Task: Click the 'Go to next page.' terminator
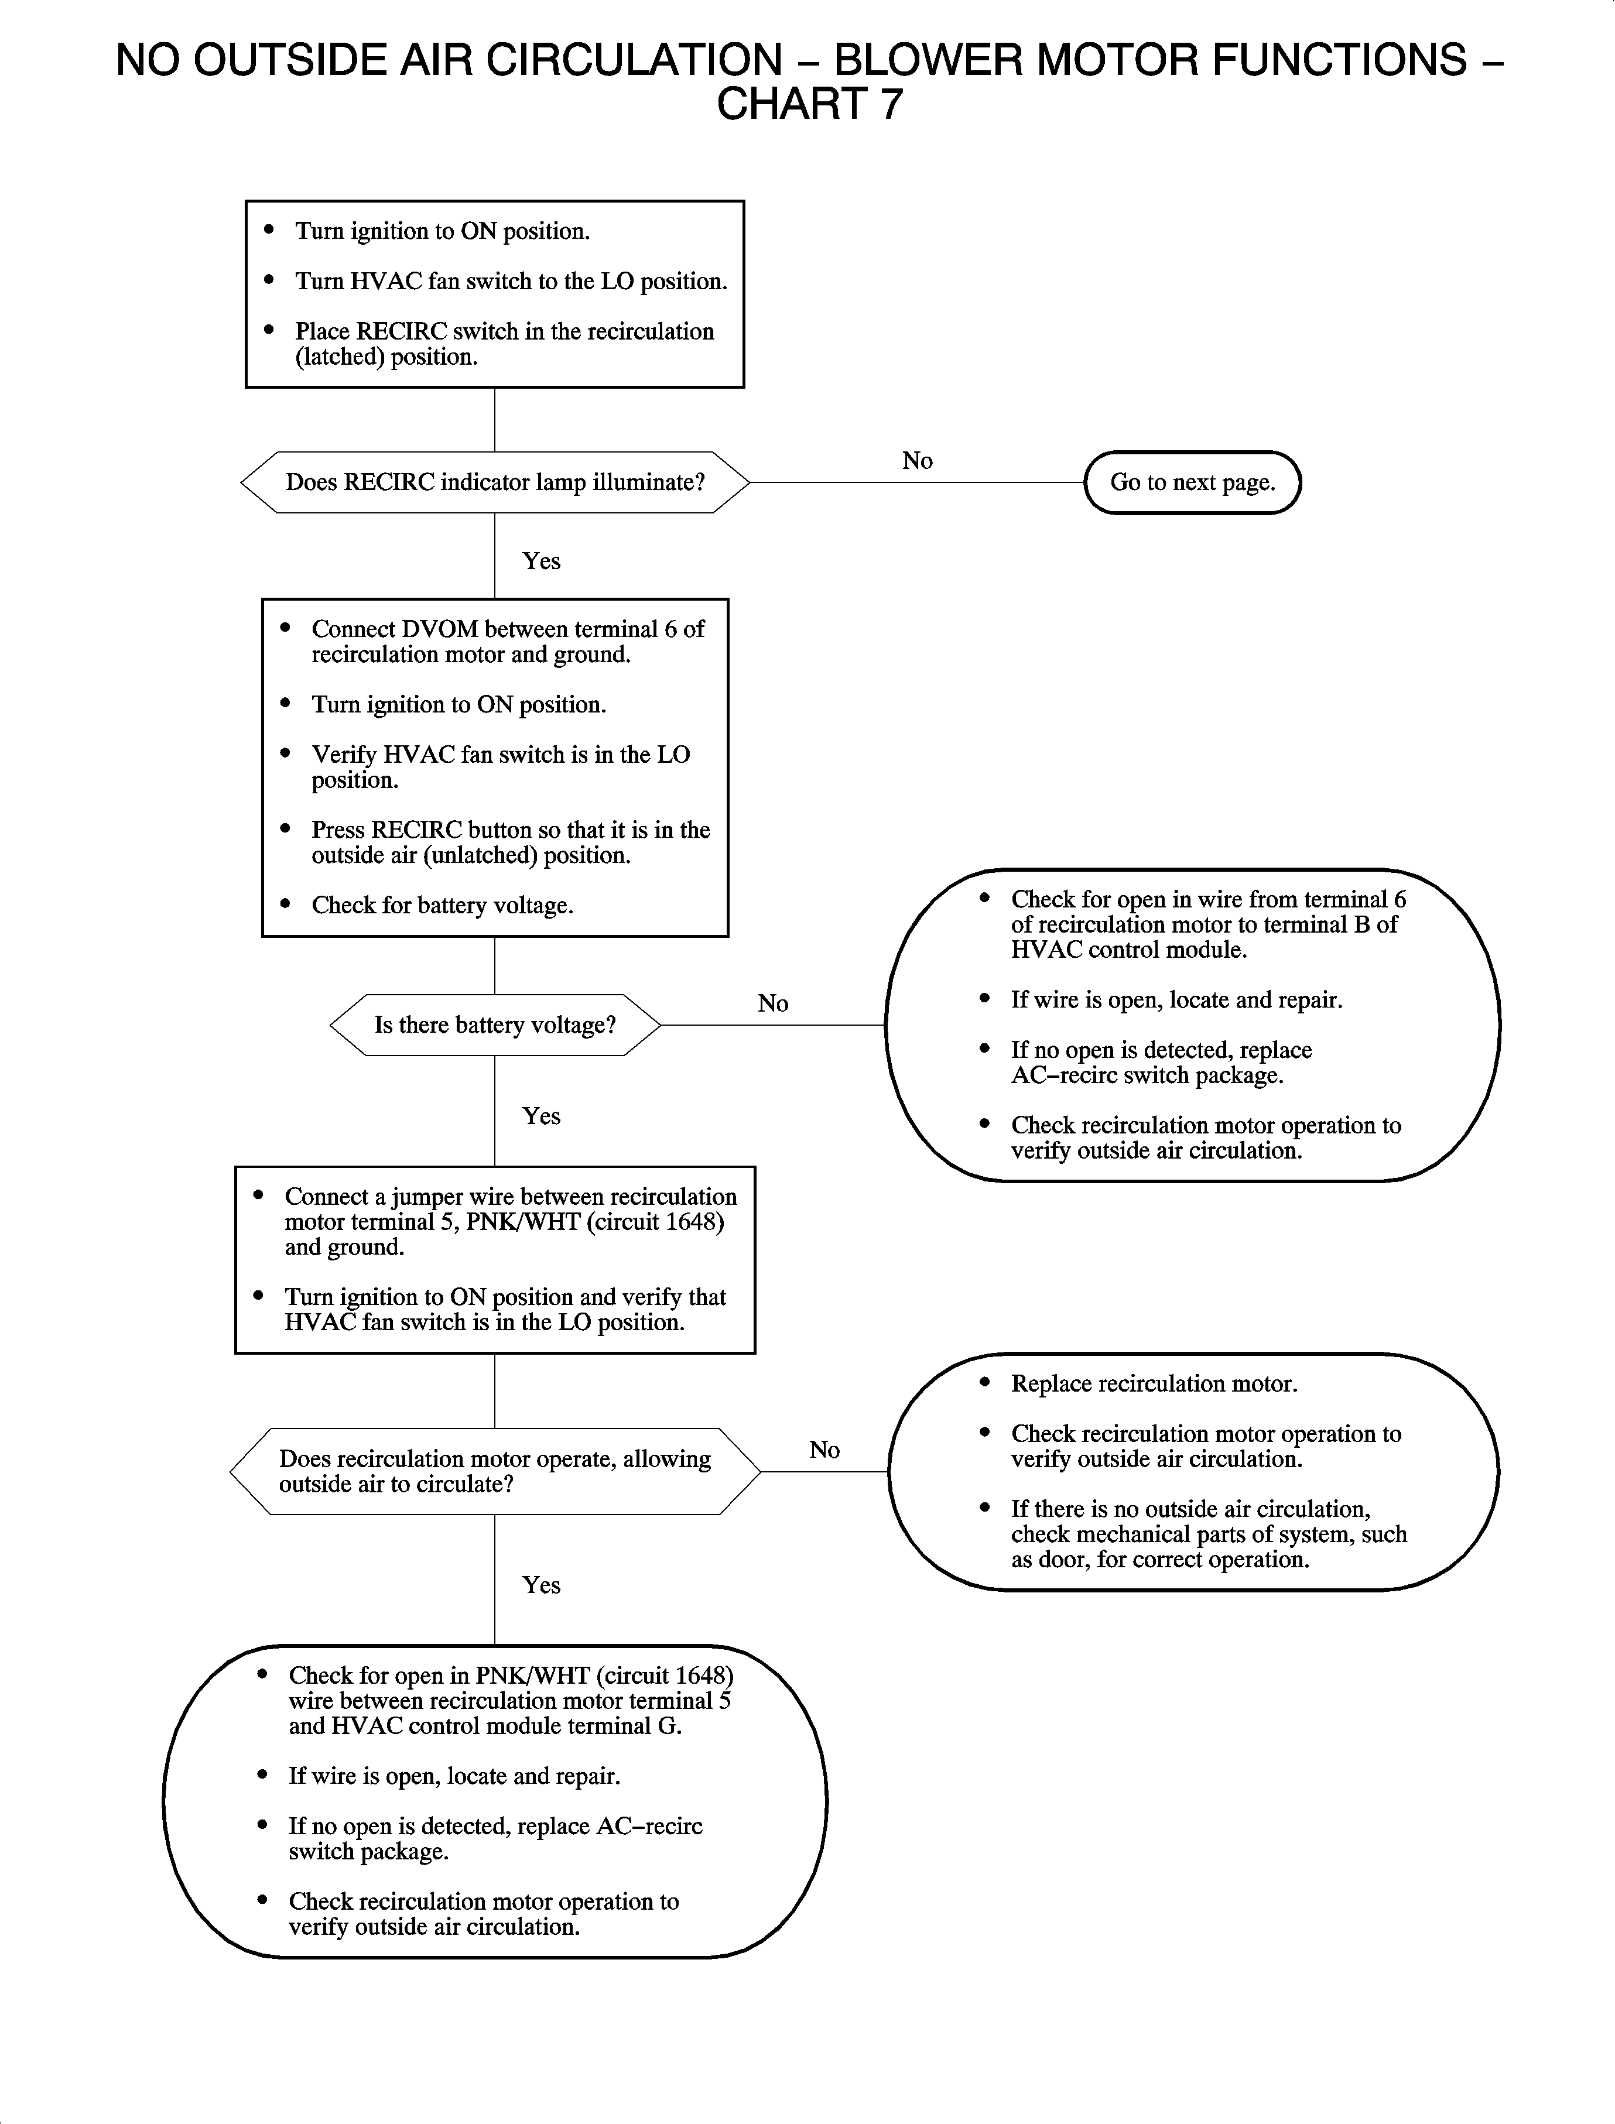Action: [x=1192, y=482]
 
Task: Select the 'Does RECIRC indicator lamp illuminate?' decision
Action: [x=494, y=482]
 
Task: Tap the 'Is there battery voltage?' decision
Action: [x=494, y=1026]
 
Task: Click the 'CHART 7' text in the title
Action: [x=809, y=104]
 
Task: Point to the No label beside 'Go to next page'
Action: [x=917, y=461]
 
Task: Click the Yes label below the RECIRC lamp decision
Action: [x=541, y=561]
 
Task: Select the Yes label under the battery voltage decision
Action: [x=541, y=1116]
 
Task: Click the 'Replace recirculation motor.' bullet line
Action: [x=1154, y=1384]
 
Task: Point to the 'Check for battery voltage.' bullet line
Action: [x=442, y=905]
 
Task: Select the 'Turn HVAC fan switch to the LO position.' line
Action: [x=511, y=282]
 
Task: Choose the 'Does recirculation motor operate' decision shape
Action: [x=494, y=1471]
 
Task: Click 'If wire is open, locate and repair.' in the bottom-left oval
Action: [x=454, y=1776]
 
